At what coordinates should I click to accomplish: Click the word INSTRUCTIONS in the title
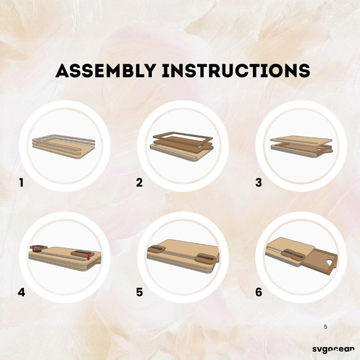236,70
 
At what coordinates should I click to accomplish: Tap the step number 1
22,183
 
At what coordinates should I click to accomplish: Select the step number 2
139,183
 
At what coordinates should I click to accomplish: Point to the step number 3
259,183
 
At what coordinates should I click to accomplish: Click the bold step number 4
22,292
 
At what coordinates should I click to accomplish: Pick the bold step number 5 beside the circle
139,292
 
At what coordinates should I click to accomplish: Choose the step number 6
259,292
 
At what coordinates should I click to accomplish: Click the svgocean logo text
333,349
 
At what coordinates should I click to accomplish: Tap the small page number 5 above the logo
326,327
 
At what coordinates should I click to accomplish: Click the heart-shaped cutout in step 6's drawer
329,262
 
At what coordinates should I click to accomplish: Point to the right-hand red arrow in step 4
88,256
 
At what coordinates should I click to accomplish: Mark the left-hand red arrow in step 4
33,248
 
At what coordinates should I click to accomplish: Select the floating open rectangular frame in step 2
183,138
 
